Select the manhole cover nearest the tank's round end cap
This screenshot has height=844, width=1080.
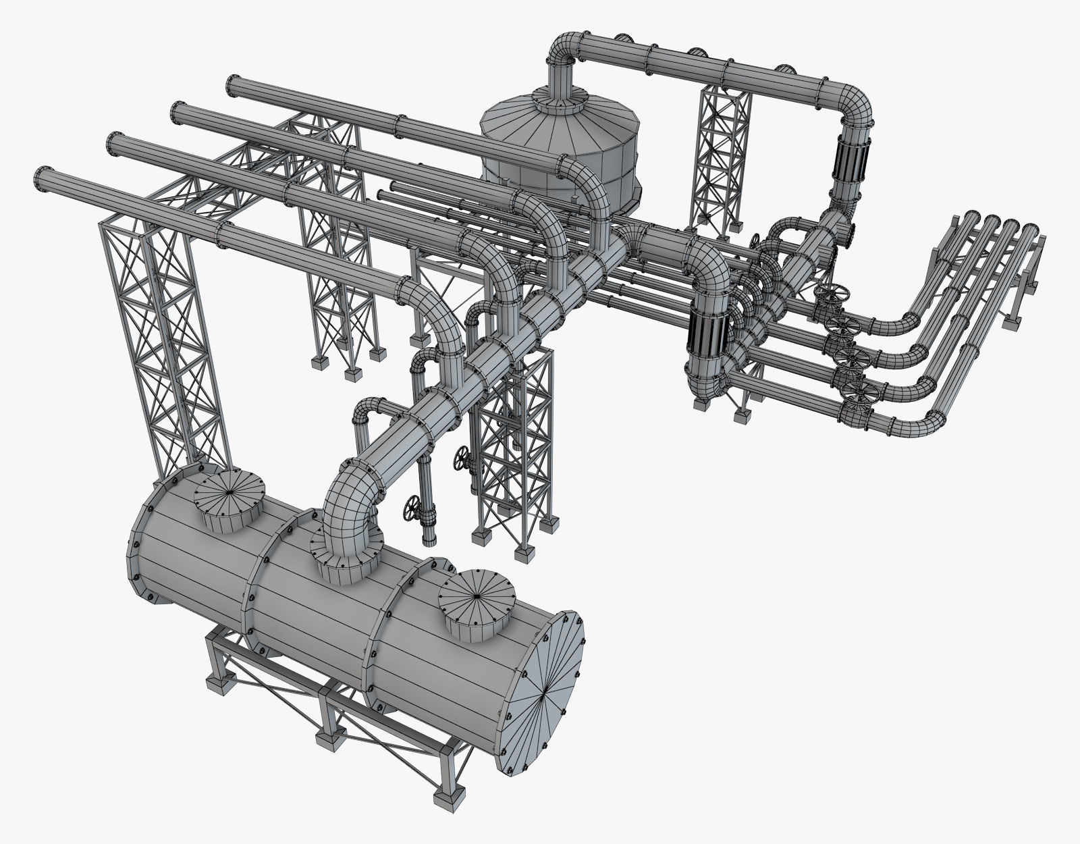point(477,597)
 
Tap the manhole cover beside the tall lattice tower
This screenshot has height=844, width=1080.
point(228,496)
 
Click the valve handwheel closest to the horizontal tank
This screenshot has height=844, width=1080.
point(411,507)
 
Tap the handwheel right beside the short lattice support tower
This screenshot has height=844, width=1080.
point(462,460)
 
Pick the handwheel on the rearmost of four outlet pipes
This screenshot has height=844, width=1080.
point(830,296)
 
